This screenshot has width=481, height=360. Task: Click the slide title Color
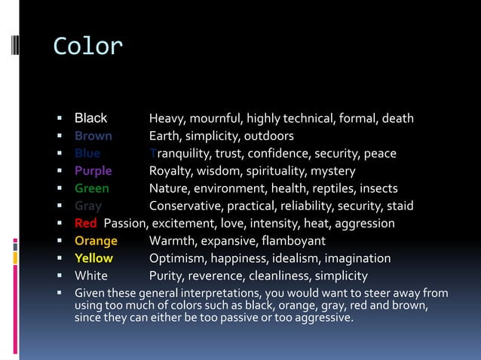pyautogui.click(x=87, y=47)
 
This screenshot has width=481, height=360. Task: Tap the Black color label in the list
pyautogui.click(x=90, y=118)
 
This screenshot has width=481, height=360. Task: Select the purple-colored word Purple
pyautogui.click(x=93, y=171)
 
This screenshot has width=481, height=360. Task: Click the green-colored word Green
pyautogui.click(x=91, y=188)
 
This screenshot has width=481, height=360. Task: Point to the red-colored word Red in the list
pyautogui.click(x=85, y=223)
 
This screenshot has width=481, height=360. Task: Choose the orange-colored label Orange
pyautogui.click(x=96, y=241)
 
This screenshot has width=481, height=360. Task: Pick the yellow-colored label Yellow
pyautogui.click(x=93, y=258)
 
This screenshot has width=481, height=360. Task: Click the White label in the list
pyautogui.click(x=90, y=276)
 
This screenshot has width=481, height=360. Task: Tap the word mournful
pyautogui.click(x=215, y=119)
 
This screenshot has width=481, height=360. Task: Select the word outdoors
pyautogui.click(x=268, y=136)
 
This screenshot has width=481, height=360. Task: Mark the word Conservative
pyautogui.click(x=185, y=206)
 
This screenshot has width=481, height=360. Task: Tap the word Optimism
pyautogui.click(x=176, y=258)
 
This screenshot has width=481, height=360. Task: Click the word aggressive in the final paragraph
pyautogui.click(x=319, y=318)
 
